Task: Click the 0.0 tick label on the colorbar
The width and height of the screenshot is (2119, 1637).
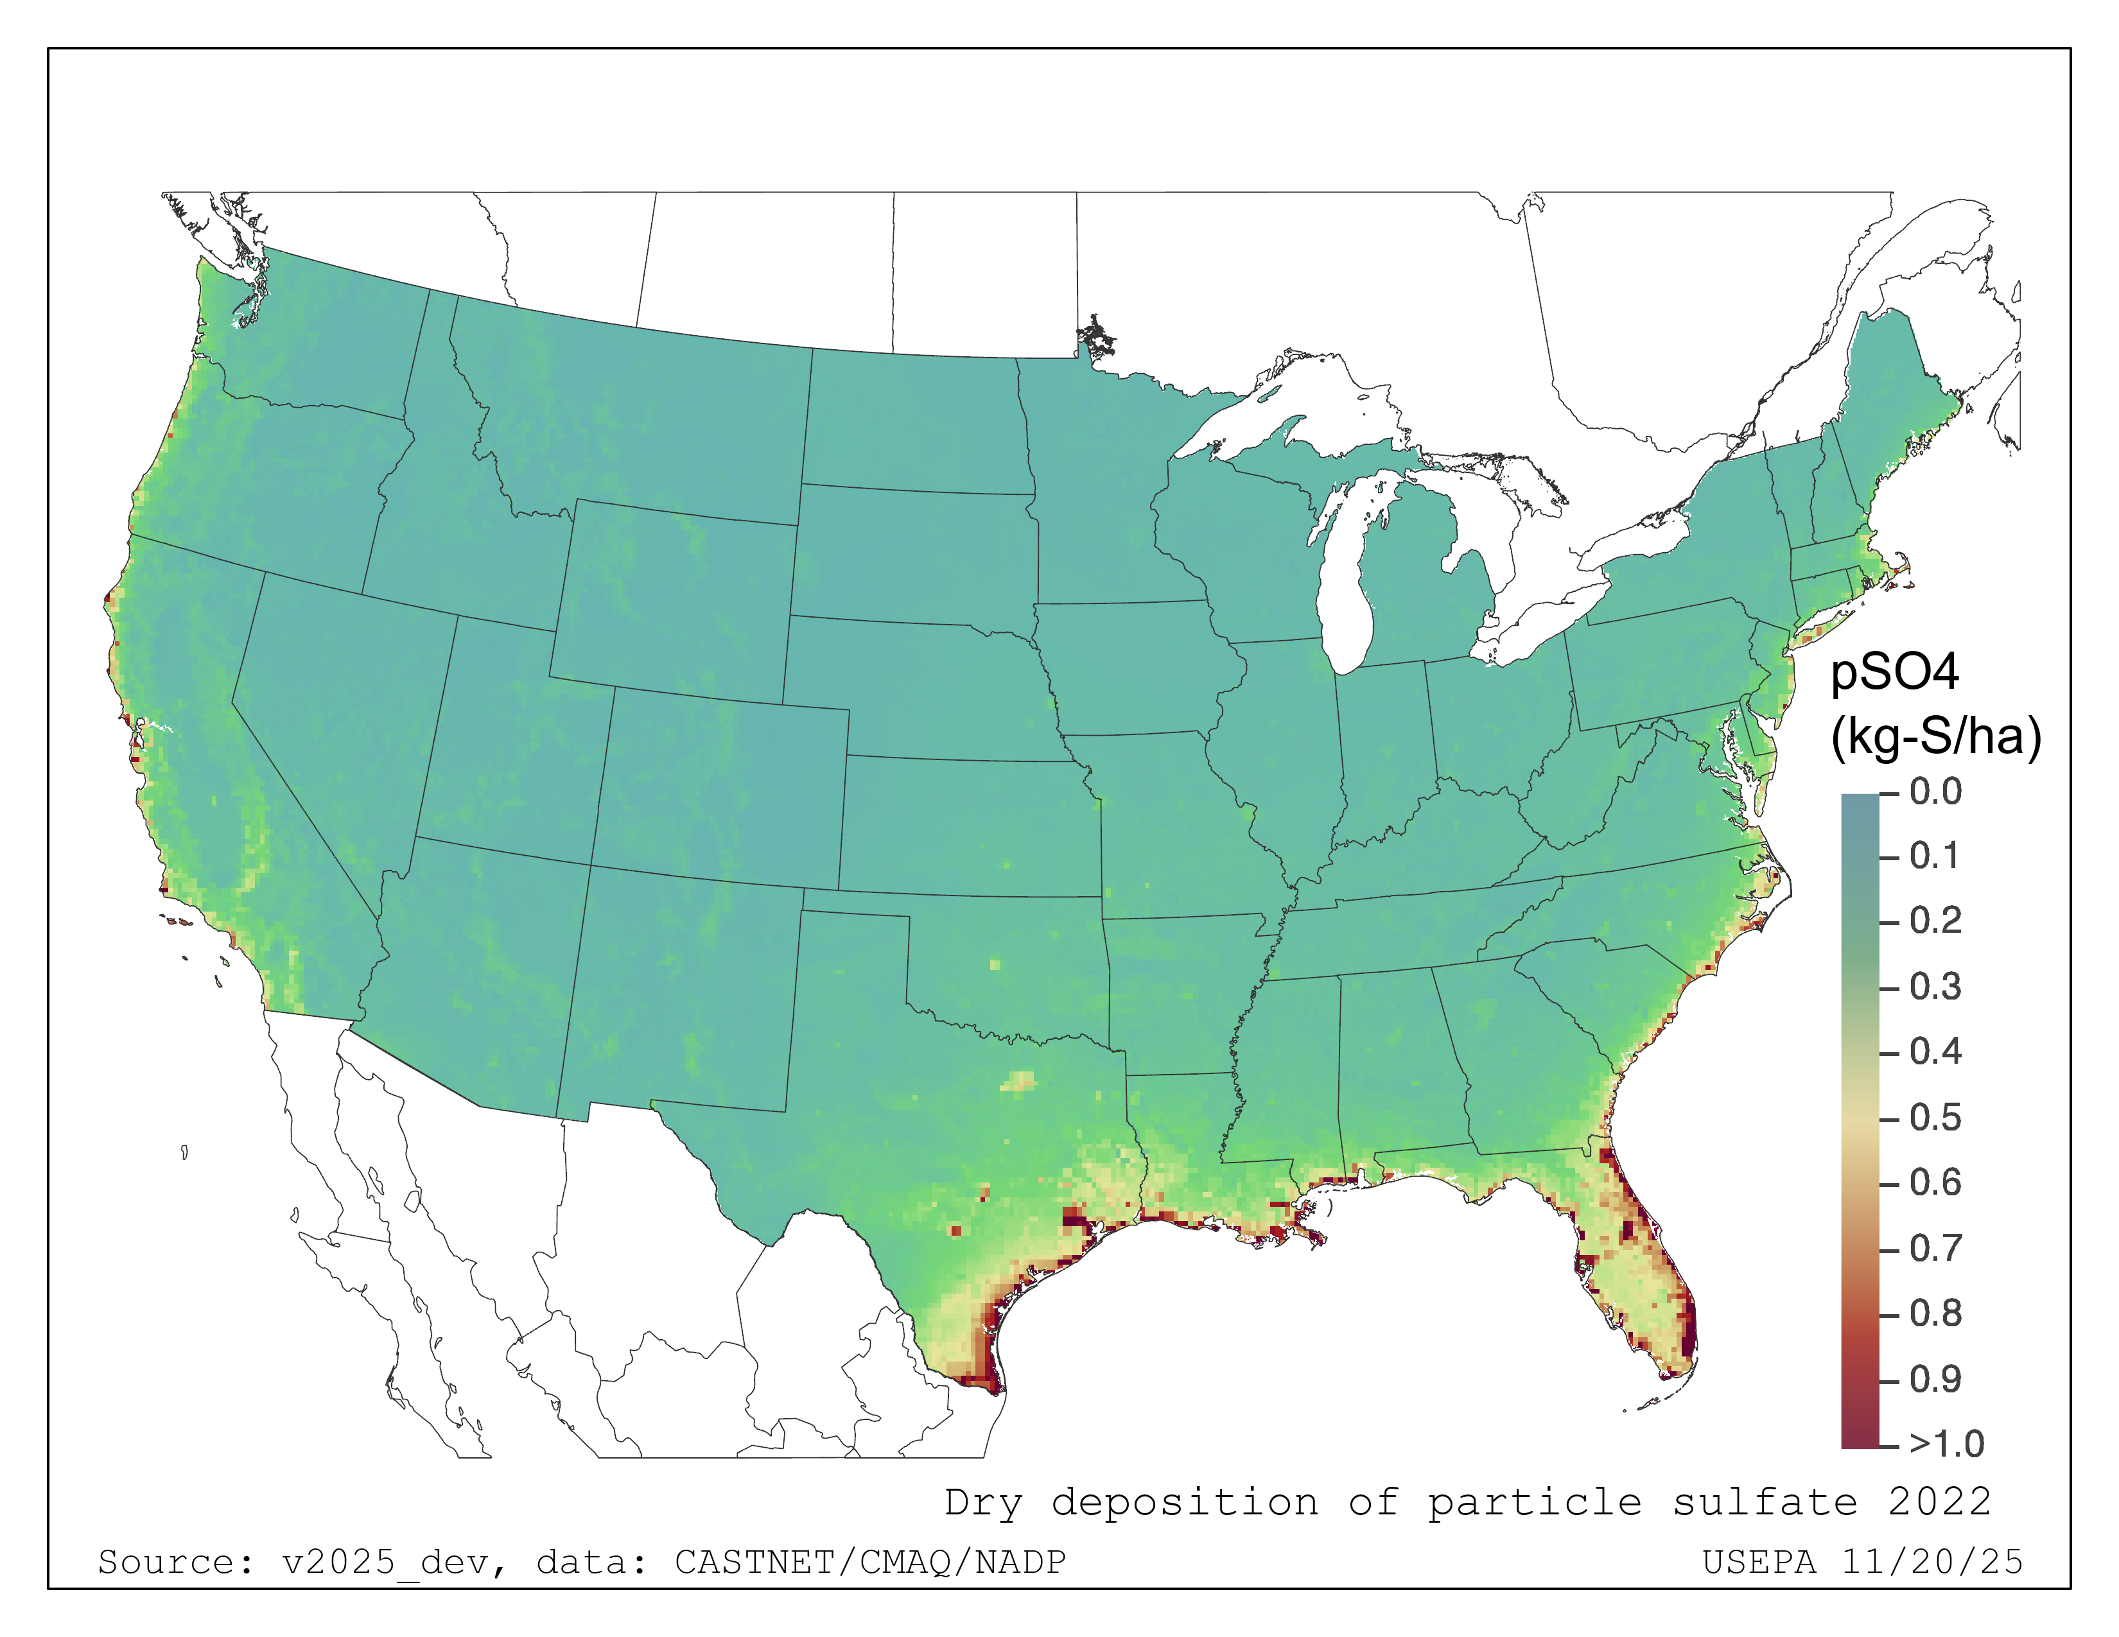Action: pyautogui.click(x=1935, y=792)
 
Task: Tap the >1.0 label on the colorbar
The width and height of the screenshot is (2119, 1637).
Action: pyautogui.click(x=1946, y=1444)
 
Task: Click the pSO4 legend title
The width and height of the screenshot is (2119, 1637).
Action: pyautogui.click(x=1894, y=672)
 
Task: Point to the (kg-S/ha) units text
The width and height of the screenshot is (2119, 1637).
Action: pyautogui.click(x=1935, y=736)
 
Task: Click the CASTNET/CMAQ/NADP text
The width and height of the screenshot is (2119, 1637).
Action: pyautogui.click(x=870, y=1563)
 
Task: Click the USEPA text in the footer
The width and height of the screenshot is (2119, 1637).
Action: pyautogui.click(x=1759, y=1563)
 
